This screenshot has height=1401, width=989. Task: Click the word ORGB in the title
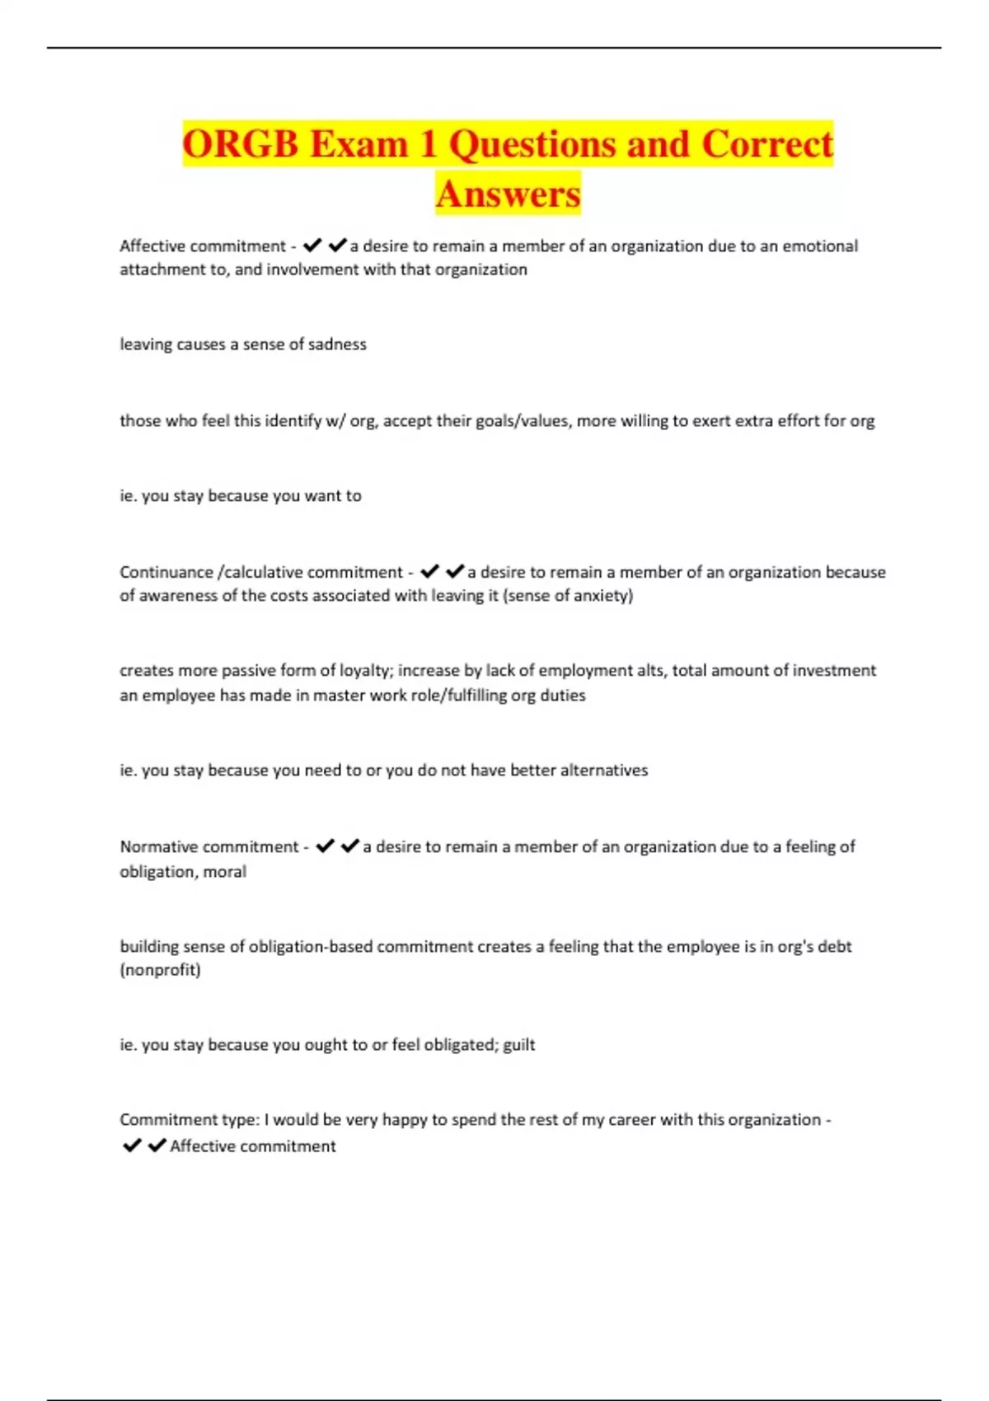240,144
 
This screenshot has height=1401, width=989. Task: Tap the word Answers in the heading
508,194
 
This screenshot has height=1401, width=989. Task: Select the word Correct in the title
767,144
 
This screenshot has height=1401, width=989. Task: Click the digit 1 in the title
428,144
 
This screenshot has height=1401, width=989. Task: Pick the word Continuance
166,572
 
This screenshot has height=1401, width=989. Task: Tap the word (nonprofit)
160,970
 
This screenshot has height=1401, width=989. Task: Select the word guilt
519,1045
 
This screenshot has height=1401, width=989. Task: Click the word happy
405,1120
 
